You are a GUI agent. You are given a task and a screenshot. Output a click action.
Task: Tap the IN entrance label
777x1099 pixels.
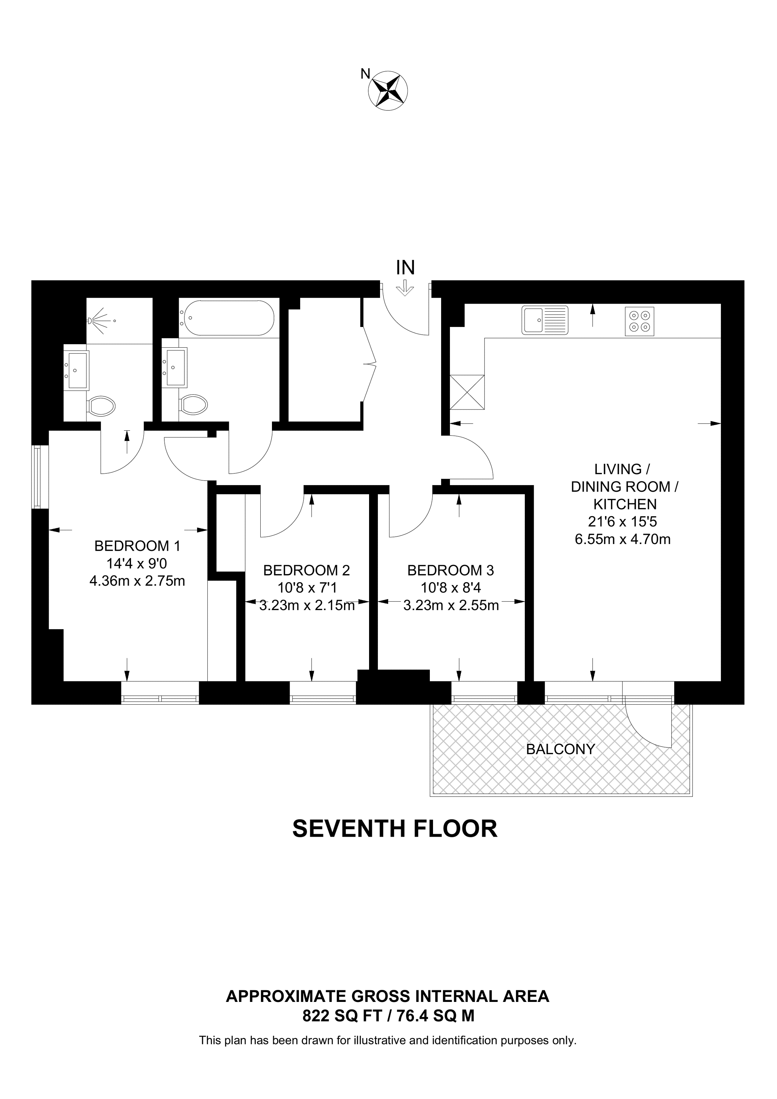coord(405,268)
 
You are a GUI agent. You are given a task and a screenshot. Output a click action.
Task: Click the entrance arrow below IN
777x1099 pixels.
coord(405,289)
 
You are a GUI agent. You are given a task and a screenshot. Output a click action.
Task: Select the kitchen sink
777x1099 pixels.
coord(545,320)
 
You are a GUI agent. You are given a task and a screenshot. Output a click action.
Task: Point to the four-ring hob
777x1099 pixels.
coord(640,321)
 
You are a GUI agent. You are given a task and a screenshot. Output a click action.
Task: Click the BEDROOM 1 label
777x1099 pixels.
coord(137,546)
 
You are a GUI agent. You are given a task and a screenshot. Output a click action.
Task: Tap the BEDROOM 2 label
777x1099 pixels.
coord(307,570)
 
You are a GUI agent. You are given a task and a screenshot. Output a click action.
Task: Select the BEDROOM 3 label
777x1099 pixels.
coord(451,570)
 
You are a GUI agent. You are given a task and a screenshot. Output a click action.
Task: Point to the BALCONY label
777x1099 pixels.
coord(560,749)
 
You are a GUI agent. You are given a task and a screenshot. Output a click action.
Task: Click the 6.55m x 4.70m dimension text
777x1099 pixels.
coord(622,539)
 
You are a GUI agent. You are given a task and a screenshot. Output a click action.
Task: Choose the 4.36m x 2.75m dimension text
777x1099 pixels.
coord(137,581)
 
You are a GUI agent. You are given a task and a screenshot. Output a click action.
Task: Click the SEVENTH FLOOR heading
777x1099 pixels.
coord(395,829)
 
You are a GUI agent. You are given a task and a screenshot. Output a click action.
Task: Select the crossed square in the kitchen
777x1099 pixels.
coord(467,392)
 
